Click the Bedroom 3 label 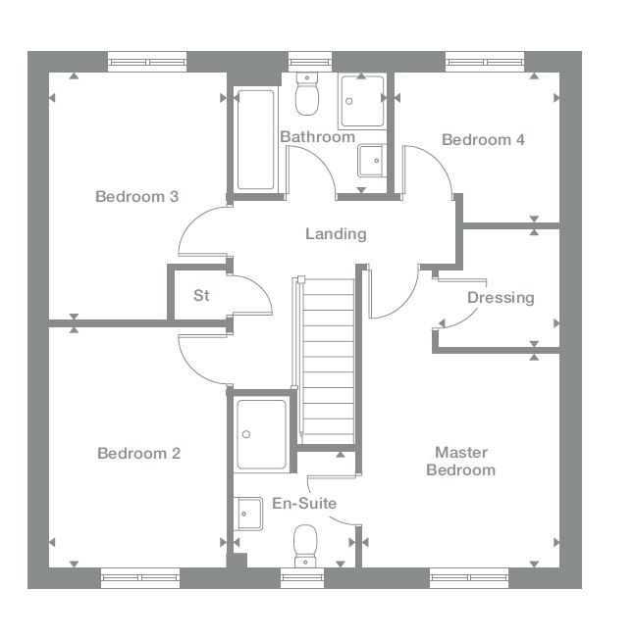coord(136,197)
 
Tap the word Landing coord(336,234)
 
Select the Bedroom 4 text coord(483,140)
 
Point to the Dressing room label coord(501,298)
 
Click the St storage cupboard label coord(201,295)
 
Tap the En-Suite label coord(304,504)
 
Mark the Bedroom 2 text coord(138,454)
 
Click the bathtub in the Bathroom coord(255,140)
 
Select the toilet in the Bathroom coord(306,96)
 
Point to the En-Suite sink coord(249,513)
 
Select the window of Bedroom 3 coord(146,62)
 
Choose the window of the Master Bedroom coord(469,578)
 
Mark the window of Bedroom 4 coord(485,62)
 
